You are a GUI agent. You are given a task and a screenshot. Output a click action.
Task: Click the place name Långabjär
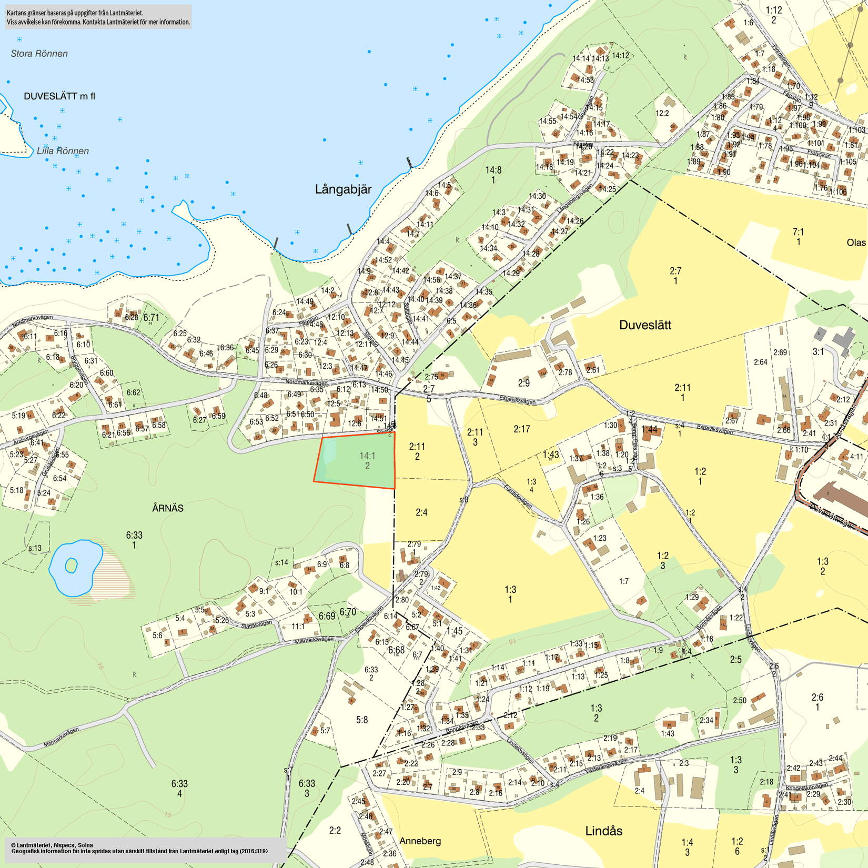click(x=343, y=189)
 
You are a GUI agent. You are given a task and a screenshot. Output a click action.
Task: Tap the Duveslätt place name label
click(x=645, y=325)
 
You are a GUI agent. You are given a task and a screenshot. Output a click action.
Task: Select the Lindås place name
click(x=603, y=831)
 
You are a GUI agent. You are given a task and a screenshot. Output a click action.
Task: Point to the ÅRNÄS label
click(x=168, y=508)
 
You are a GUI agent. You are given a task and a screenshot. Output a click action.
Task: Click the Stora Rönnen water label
click(x=39, y=54)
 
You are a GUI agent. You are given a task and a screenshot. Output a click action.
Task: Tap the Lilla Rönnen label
click(x=63, y=151)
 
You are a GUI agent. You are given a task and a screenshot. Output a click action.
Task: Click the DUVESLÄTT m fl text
click(x=59, y=96)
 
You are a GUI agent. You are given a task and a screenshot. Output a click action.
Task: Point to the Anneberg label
click(x=420, y=841)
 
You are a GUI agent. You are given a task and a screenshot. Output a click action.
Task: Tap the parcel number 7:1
click(x=798, y=232)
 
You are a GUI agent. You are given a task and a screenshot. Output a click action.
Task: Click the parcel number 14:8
click(x=493, y=170)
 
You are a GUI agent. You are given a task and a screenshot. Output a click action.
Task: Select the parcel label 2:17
click(x=521, y=429)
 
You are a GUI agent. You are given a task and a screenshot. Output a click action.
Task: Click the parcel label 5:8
click(x=362, y=720)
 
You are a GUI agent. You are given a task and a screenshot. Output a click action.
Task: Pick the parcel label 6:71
click(x=151, y=318)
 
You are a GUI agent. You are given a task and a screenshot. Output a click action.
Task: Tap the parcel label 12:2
click(x=662, y=113)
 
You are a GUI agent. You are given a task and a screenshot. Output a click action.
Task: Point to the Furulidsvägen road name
click(x=518, y=496)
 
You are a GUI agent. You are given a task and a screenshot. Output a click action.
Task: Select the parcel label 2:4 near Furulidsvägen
click(x=421, y=512)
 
